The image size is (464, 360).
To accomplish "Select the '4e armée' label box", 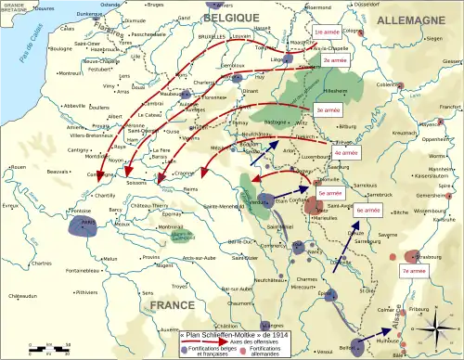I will (344, 151).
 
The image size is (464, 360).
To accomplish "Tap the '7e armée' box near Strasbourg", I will (414, 270).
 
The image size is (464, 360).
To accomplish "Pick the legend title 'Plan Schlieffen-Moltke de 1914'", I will (220, 328).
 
